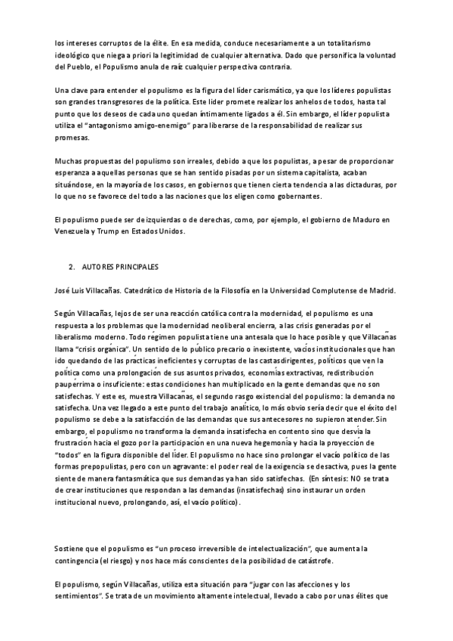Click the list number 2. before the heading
[72, 268]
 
